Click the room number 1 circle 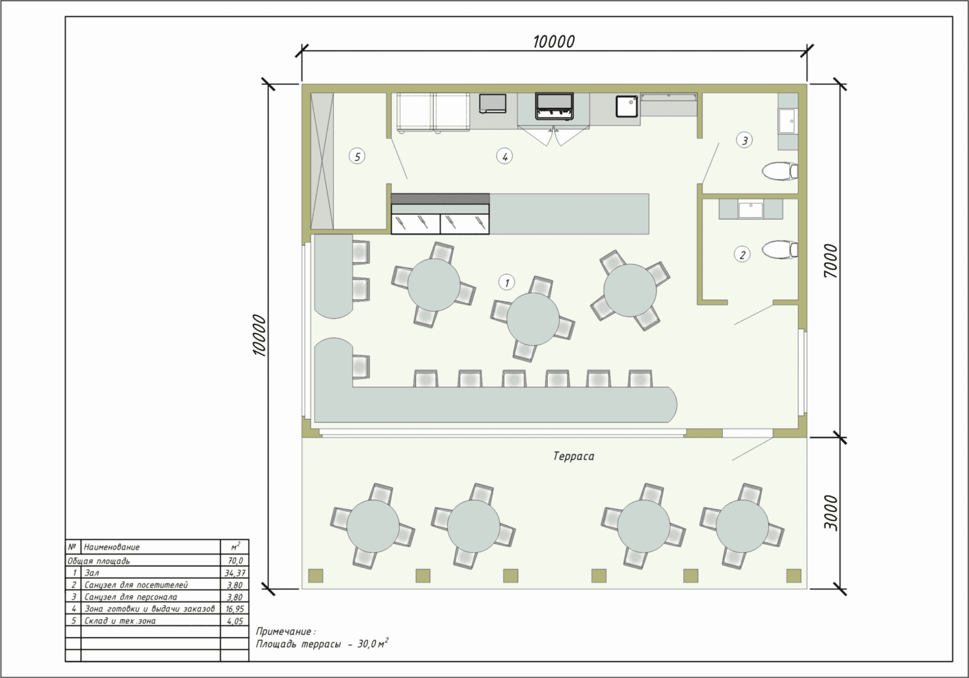506,282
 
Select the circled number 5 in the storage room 357,156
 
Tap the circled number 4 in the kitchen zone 504,156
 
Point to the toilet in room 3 780,171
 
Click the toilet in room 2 780,249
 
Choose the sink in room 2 750,209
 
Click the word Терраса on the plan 574,456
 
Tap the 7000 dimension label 830,261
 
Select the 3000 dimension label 830,513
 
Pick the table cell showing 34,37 235,573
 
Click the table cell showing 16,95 235,609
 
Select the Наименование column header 111,547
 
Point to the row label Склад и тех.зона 120,621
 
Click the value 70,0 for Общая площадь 236,561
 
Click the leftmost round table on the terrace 373,526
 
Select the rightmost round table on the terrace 742,526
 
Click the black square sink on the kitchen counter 627,107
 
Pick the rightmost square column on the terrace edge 794,576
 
